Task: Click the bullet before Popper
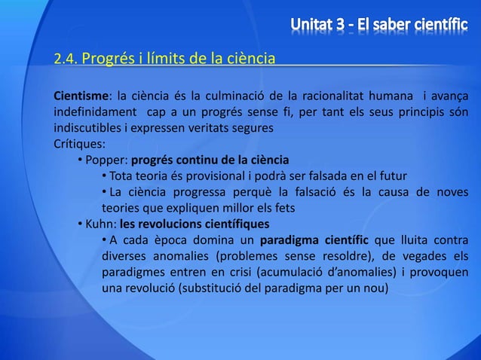pos(79,160)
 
